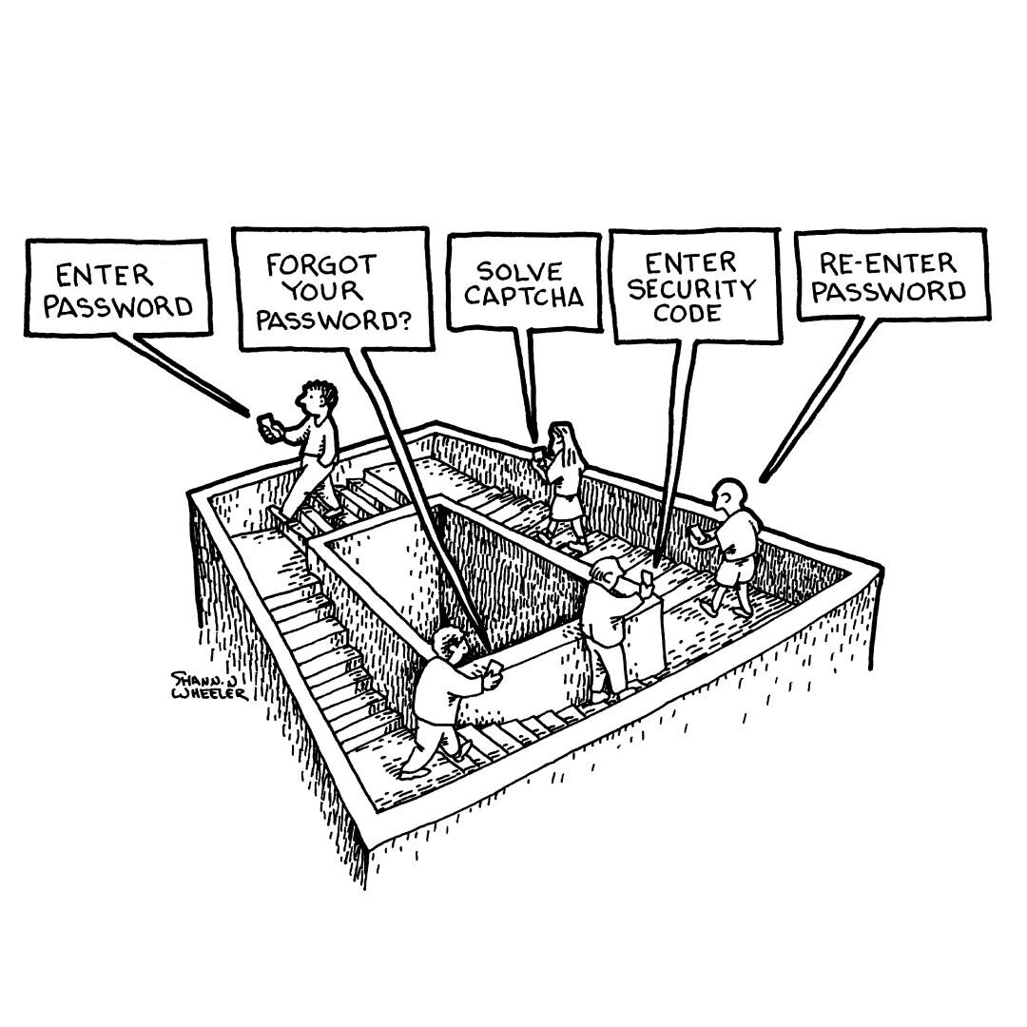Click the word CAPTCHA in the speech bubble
524,297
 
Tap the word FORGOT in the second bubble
321,264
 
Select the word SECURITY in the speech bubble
691,289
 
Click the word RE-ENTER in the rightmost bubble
888,263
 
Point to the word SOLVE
519,270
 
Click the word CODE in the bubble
688,313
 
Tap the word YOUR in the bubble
322,291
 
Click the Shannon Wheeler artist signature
209,686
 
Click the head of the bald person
729,495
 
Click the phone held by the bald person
695,533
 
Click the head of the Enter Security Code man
606,573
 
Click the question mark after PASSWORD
405,321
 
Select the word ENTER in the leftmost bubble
105,275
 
